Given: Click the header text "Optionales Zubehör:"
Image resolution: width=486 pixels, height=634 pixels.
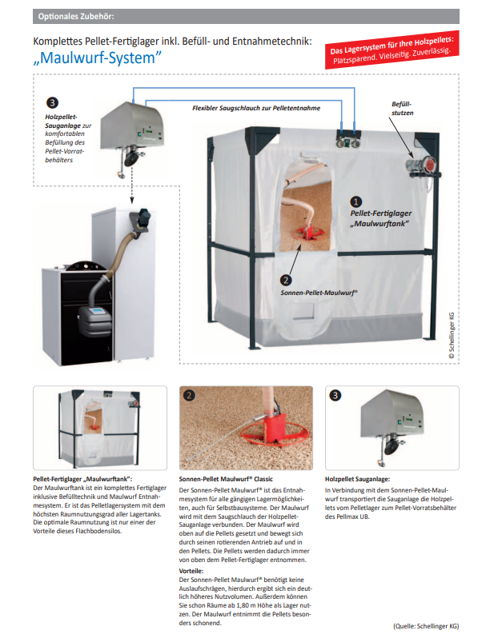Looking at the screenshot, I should (70, 16).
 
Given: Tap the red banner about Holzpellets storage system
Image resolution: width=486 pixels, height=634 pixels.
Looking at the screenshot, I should (393, 49).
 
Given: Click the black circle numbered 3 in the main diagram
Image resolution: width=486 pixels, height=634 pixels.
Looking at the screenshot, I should (52, 103).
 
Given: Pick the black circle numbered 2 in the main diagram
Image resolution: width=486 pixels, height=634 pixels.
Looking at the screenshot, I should (287, 281).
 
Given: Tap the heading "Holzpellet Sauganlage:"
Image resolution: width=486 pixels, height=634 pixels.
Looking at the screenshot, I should (357, 478).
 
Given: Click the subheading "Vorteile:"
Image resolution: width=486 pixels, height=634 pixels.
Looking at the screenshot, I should (192, 571).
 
